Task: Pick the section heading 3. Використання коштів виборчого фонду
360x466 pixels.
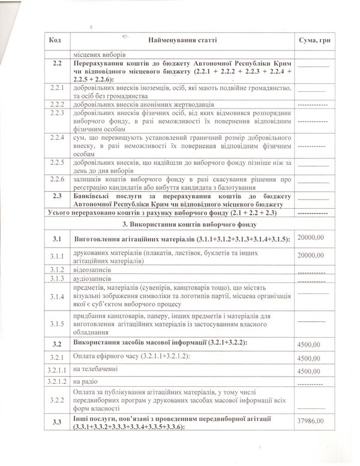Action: point(182,224)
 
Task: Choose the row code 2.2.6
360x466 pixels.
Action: point(58,182)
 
